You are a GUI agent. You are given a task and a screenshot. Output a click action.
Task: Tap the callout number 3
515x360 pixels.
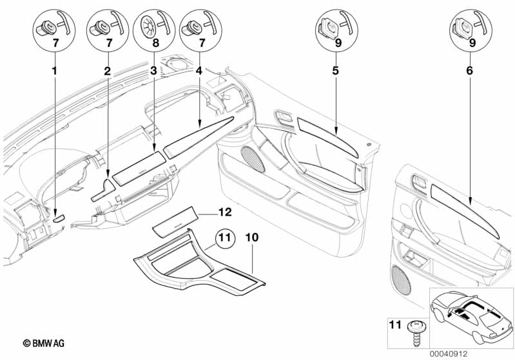153,70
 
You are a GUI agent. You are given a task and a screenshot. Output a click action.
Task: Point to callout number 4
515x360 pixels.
199,70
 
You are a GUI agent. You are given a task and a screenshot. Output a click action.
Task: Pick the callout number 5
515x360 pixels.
336,70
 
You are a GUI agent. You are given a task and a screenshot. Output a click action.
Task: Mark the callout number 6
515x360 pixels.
469,70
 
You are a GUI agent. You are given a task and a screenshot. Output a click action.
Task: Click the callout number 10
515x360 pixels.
252,237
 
